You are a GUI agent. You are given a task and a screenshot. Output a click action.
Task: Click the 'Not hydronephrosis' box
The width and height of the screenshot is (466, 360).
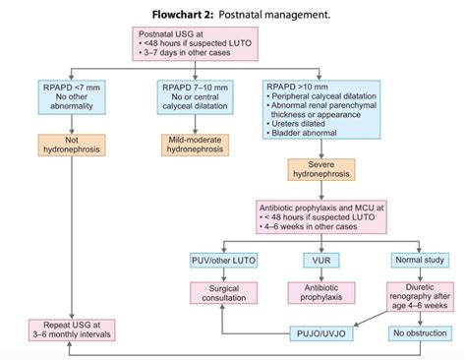(x=67, y=144)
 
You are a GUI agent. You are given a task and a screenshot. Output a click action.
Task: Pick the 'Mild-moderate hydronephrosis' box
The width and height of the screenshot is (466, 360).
(x=197, y=144)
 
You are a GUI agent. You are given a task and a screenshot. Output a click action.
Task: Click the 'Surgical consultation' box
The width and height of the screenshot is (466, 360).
(x=222, y=294)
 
